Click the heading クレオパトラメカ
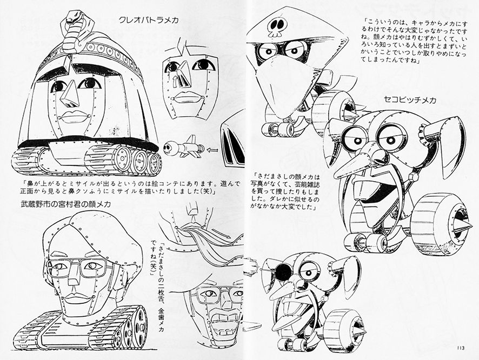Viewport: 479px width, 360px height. [148, 20]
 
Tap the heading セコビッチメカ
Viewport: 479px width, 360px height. [410, 99]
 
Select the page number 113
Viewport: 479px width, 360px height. [461, 348]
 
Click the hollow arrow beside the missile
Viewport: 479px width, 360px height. [212, 150]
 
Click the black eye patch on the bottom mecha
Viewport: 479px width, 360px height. [283, 270]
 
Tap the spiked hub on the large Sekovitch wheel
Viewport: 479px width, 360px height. [459, 221]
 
